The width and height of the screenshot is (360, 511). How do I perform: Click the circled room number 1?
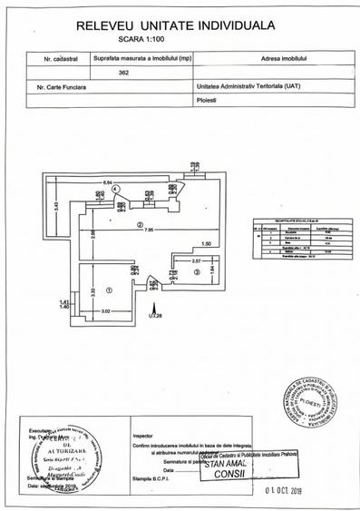[x=107, y=290]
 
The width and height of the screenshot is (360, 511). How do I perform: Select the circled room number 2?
[x=139, y=224]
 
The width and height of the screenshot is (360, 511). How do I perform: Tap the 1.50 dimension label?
[x=206, y=243]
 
